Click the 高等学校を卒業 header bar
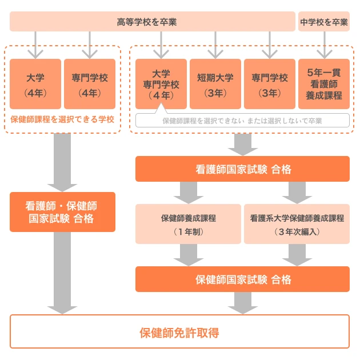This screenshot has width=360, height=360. pyautogui.click(x=151, y=22)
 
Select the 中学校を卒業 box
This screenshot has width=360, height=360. pyautogui.click(x=323, y=22)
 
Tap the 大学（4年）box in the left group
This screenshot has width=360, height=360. pyautogui.click(x=35, y=83)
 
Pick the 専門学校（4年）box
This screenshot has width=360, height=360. pyautogui.click(x=90, y=83)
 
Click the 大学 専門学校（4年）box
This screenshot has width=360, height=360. pyautogui.click(x=161, y=83)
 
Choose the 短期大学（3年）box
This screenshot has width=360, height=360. pyautogui.click(x=215, y=83)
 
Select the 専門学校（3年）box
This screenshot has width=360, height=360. pyautogui.click(x=269, y=83)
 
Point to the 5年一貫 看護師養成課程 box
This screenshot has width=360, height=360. pyautogui.click(x=324, y=83)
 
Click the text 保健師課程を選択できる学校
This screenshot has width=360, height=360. pyautogui.click(x=62, y=120)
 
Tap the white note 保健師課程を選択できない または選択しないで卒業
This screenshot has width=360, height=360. pyautogui.click(x=242, y=121)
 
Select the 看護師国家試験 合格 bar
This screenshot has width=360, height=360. pyautogui.click(x=242, y=169)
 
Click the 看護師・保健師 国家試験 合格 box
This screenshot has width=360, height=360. pyautogui.click(x=62, y=211)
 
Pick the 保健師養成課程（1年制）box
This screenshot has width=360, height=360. pyautogui.click(x=188, y=224)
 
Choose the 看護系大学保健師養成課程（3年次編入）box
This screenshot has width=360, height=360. pyautogui.click(x=297, y=224)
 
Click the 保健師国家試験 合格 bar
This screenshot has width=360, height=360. pyautogui.click(x=242, y=279)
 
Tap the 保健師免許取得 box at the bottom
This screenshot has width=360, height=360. pyautogui.click(x=179, y=331)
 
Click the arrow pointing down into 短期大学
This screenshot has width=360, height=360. pyautogui.click(x=215, y=45)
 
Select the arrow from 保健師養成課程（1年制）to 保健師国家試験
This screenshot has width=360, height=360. pyautogui.click(x=188, y=255)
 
